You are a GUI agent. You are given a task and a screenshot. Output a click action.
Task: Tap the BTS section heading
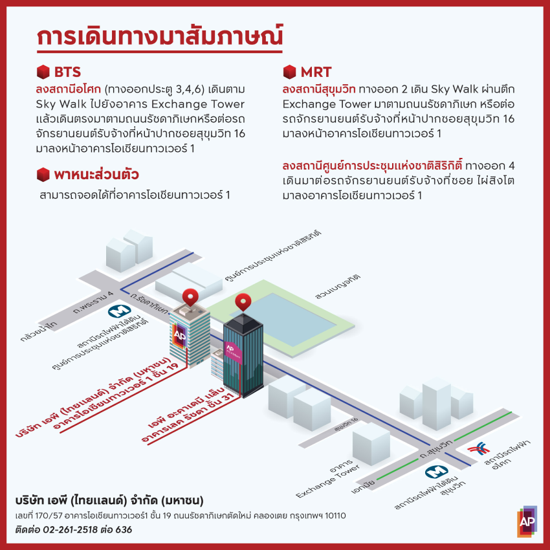click(x=67, y=71)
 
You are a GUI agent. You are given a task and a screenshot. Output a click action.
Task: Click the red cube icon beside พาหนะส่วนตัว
click(x=43, y=174)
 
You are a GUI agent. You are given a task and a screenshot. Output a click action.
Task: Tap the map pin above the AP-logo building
click(x=190, y=297)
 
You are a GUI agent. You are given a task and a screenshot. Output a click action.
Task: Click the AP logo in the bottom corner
click(x=527, y=523)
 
